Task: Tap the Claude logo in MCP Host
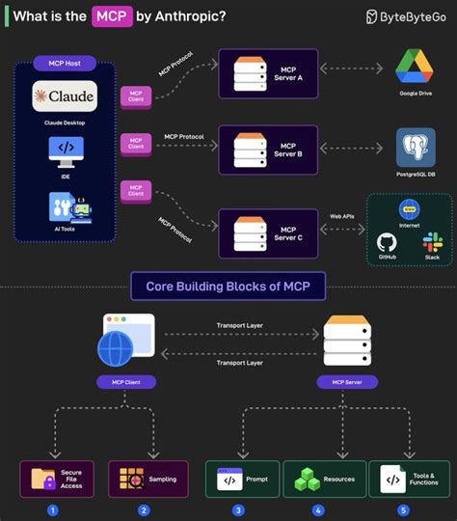tap(65, 97)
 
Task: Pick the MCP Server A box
tap(269, 73)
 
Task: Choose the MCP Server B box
tap(269, 149)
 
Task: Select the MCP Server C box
tap(269, 233)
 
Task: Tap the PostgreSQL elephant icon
tap(417, 148)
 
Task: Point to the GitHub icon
tap(387, 242)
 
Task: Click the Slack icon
tap(432, 241)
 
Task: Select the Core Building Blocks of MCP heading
tap(228, 287)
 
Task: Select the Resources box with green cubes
tap(326, 479)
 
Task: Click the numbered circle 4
tap(318, 509)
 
